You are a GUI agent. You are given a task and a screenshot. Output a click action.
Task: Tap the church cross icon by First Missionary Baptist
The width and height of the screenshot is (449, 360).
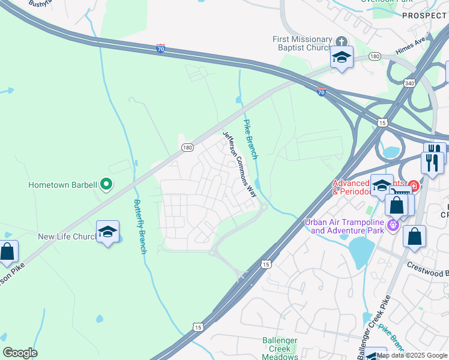(x=341, y=41)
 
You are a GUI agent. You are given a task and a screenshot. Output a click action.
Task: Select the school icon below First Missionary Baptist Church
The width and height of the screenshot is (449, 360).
(x=342, y=58)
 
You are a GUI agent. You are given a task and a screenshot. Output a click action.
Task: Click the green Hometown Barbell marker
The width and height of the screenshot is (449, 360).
(x=106, y=184)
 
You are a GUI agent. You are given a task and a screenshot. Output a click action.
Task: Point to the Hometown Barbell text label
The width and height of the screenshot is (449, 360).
(x=62, y=185)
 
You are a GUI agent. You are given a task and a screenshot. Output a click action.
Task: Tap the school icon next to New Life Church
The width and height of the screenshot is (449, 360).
(x=107, y=232)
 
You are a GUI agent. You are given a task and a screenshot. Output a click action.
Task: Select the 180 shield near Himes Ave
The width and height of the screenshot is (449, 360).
(x=375, y=56)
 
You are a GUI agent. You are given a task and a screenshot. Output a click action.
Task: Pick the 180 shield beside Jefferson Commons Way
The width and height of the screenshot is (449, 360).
(x=187, y=147)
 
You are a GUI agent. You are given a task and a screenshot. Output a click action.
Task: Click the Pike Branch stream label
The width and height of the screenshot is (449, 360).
(x=250, y=139)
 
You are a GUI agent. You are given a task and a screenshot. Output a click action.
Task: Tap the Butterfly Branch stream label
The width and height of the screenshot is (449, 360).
(x=139, y=226)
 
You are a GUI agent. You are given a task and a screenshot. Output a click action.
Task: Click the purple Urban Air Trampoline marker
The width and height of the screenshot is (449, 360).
(x=393, y=226)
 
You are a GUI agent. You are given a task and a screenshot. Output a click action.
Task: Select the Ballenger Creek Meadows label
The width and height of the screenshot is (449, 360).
(x=280, y=349)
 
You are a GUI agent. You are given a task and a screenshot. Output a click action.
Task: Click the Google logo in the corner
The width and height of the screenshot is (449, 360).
(x=20, y=353)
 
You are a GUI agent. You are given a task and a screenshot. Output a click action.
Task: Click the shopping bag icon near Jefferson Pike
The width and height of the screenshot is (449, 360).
(x=7, y=252)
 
